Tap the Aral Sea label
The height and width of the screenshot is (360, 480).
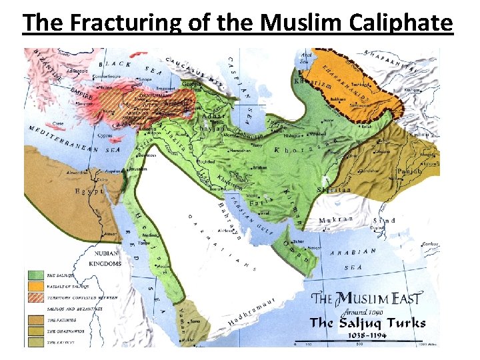pos(305,58)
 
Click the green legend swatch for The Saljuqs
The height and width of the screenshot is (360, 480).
pos(35,274)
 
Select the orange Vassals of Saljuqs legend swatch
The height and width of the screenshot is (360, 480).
pos(35,285)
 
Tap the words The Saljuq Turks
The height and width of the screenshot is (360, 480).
pos(367,323)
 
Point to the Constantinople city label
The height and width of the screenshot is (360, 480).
pos(78,76)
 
